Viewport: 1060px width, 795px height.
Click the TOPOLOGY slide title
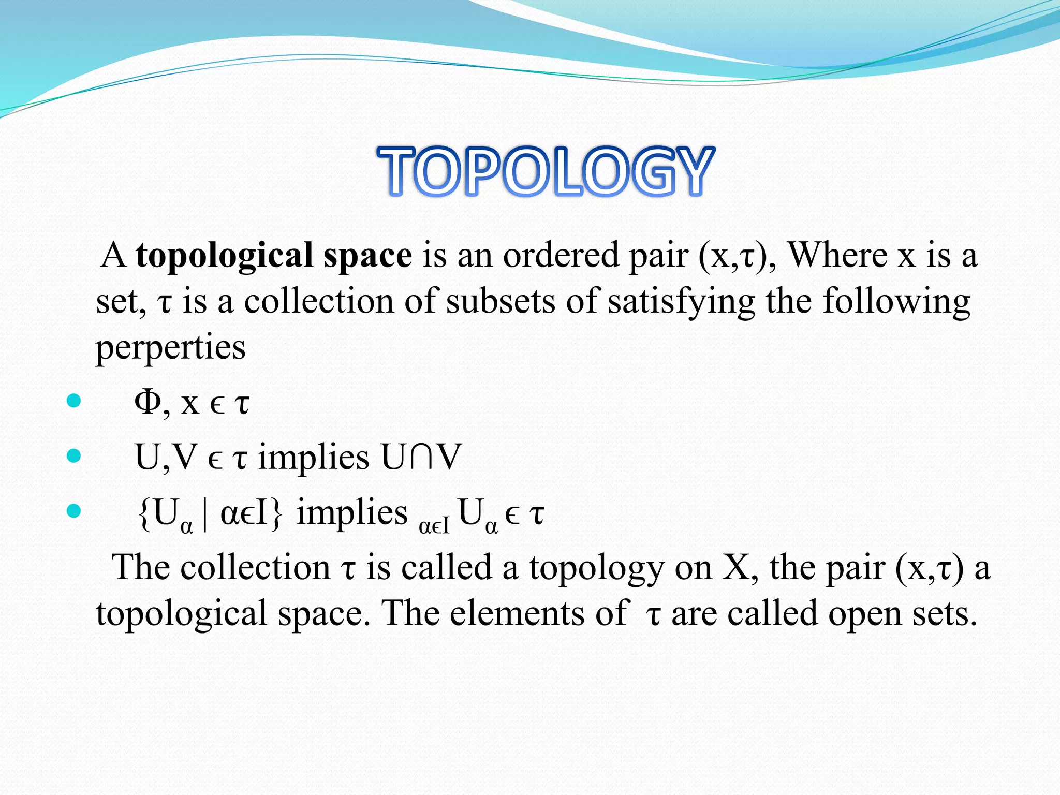546,171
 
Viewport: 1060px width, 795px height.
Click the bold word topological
225,256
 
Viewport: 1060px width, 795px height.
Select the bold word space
367,256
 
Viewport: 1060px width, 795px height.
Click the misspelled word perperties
170,348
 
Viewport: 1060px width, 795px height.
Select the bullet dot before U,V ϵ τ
74,455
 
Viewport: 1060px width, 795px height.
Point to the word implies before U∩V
314,458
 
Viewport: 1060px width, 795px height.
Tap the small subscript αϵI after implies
434,526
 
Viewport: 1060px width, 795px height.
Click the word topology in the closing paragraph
596,568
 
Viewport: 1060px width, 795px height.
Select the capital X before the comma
735,567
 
